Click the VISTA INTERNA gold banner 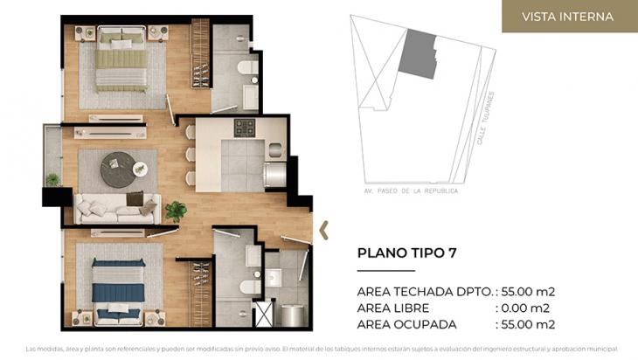(568, 17)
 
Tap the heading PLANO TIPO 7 (407, 253)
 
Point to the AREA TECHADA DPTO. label (423, 291)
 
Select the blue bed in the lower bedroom (118, 284)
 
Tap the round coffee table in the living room (118, 170)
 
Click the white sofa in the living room (116, 208)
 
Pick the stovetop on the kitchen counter (245, 128)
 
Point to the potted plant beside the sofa (177, 211)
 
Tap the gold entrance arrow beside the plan (324, 230)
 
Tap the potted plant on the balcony (53, 179)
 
